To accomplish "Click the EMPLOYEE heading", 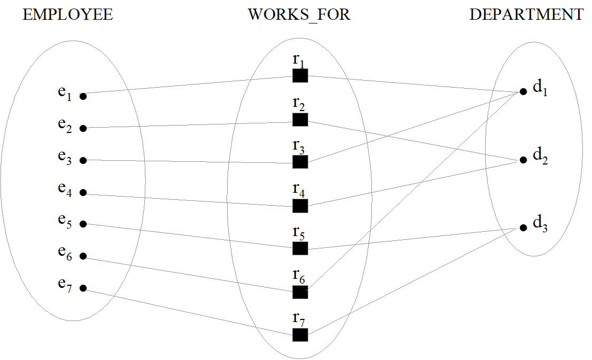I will [x=67, y=15].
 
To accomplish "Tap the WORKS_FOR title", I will [x=299, y=15].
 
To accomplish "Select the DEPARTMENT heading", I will [x=526, y=15].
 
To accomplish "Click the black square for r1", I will [x=300, y=76].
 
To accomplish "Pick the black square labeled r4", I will [x=300, y=205].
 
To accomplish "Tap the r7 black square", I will [x=300, y=334].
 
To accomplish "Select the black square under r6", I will [x=300, y=292].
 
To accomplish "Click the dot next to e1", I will [x=83, y=97].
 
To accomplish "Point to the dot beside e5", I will [x=83, y=224].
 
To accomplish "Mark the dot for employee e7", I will [x=83, y=288].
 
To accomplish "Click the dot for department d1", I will [x=523, y=91].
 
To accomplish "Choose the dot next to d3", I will [x=523, y=228].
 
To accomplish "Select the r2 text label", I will [x=299, y=104].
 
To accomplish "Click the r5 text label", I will [x=299, y=233].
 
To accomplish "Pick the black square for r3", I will [x=300, y=162].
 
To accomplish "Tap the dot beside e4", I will [x=83, y=193].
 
